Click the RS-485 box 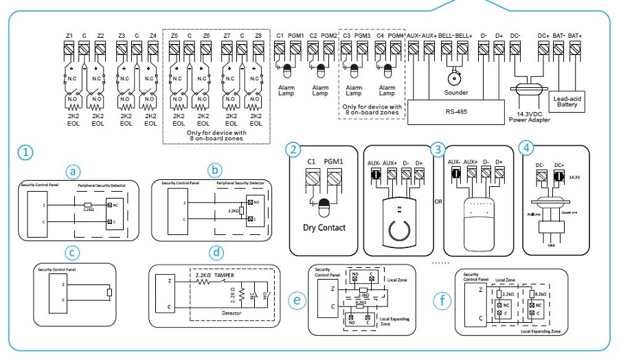click(451, 111)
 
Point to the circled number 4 click(526, 148)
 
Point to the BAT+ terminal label click(575, 35)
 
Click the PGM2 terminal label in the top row click(329, 35)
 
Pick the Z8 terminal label click(258, 35)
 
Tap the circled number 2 click(294, 149)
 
